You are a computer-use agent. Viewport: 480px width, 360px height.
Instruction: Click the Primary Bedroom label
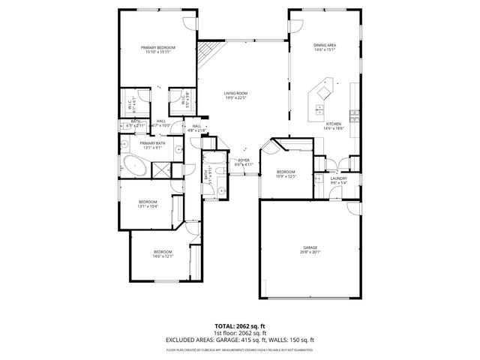pyautogui.click(x=158, y=46)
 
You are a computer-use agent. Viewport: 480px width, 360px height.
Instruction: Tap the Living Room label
pyautogui.click(x=235, y=93)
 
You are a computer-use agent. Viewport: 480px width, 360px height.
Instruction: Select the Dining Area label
pyautogui.click(x=324, y=45)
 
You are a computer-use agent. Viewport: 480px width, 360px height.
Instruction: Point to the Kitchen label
pyautogui.click(x=333, y=124)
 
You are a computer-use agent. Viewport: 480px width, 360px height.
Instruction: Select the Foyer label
pyautogui.click(x=244, y=159)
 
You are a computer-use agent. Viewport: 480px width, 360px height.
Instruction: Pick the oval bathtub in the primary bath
pyautogui.click(x=136, y=166)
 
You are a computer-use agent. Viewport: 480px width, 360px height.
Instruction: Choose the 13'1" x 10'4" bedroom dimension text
pyautogui.click(x=147, y=206)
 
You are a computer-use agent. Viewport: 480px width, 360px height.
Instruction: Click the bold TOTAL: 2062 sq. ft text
pyautogui.click(x=240, y=326)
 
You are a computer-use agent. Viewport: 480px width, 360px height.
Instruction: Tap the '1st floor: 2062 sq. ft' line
pyautogui.click(x=240, y=334)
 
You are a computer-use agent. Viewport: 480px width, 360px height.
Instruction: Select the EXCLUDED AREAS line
pyautogui.click(x=240, y=341)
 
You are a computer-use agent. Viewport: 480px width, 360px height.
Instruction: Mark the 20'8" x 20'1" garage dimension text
pyautogui.click(x=310, y=252)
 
